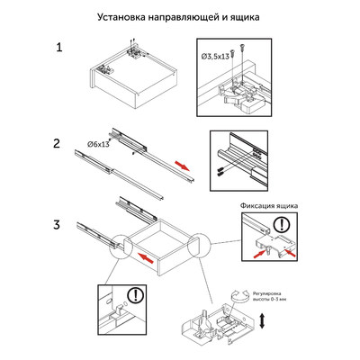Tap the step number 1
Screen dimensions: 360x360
(58, 48)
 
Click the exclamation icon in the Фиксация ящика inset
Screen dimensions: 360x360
(283, 225)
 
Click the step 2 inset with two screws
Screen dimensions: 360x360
(240, 158)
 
